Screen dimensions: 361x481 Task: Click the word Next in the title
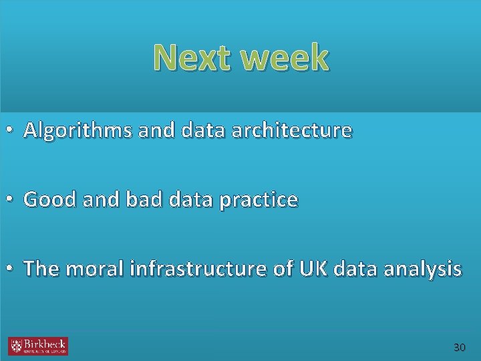click(194, 58)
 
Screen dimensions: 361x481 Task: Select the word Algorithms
click(78, 130)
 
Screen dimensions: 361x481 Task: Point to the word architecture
click(291, 130)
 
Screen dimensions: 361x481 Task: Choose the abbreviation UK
click(309, 269)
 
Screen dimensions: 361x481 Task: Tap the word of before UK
click(283, 269)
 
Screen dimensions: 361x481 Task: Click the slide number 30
click(459, 348)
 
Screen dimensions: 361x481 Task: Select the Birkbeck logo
click(38, 346)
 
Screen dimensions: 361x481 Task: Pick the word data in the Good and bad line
click(176, 199)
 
